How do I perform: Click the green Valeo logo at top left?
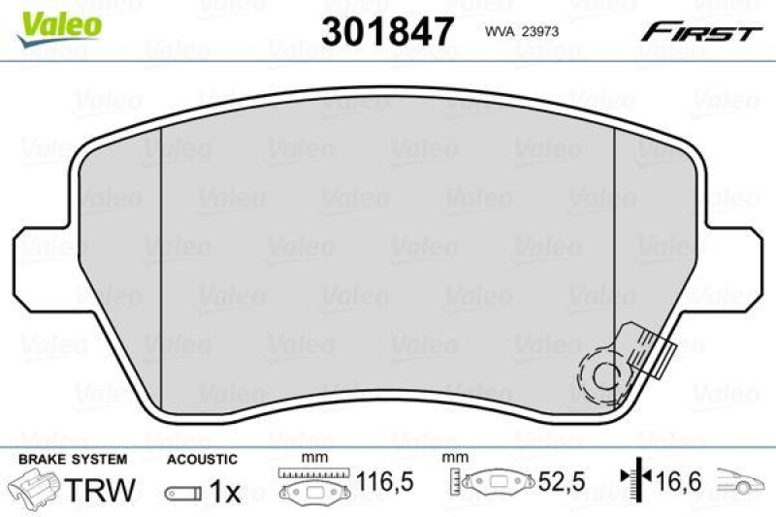point(59,20)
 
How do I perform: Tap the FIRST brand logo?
point(698,32)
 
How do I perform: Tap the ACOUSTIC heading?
point(202,460)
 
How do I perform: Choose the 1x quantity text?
point(224,493)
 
